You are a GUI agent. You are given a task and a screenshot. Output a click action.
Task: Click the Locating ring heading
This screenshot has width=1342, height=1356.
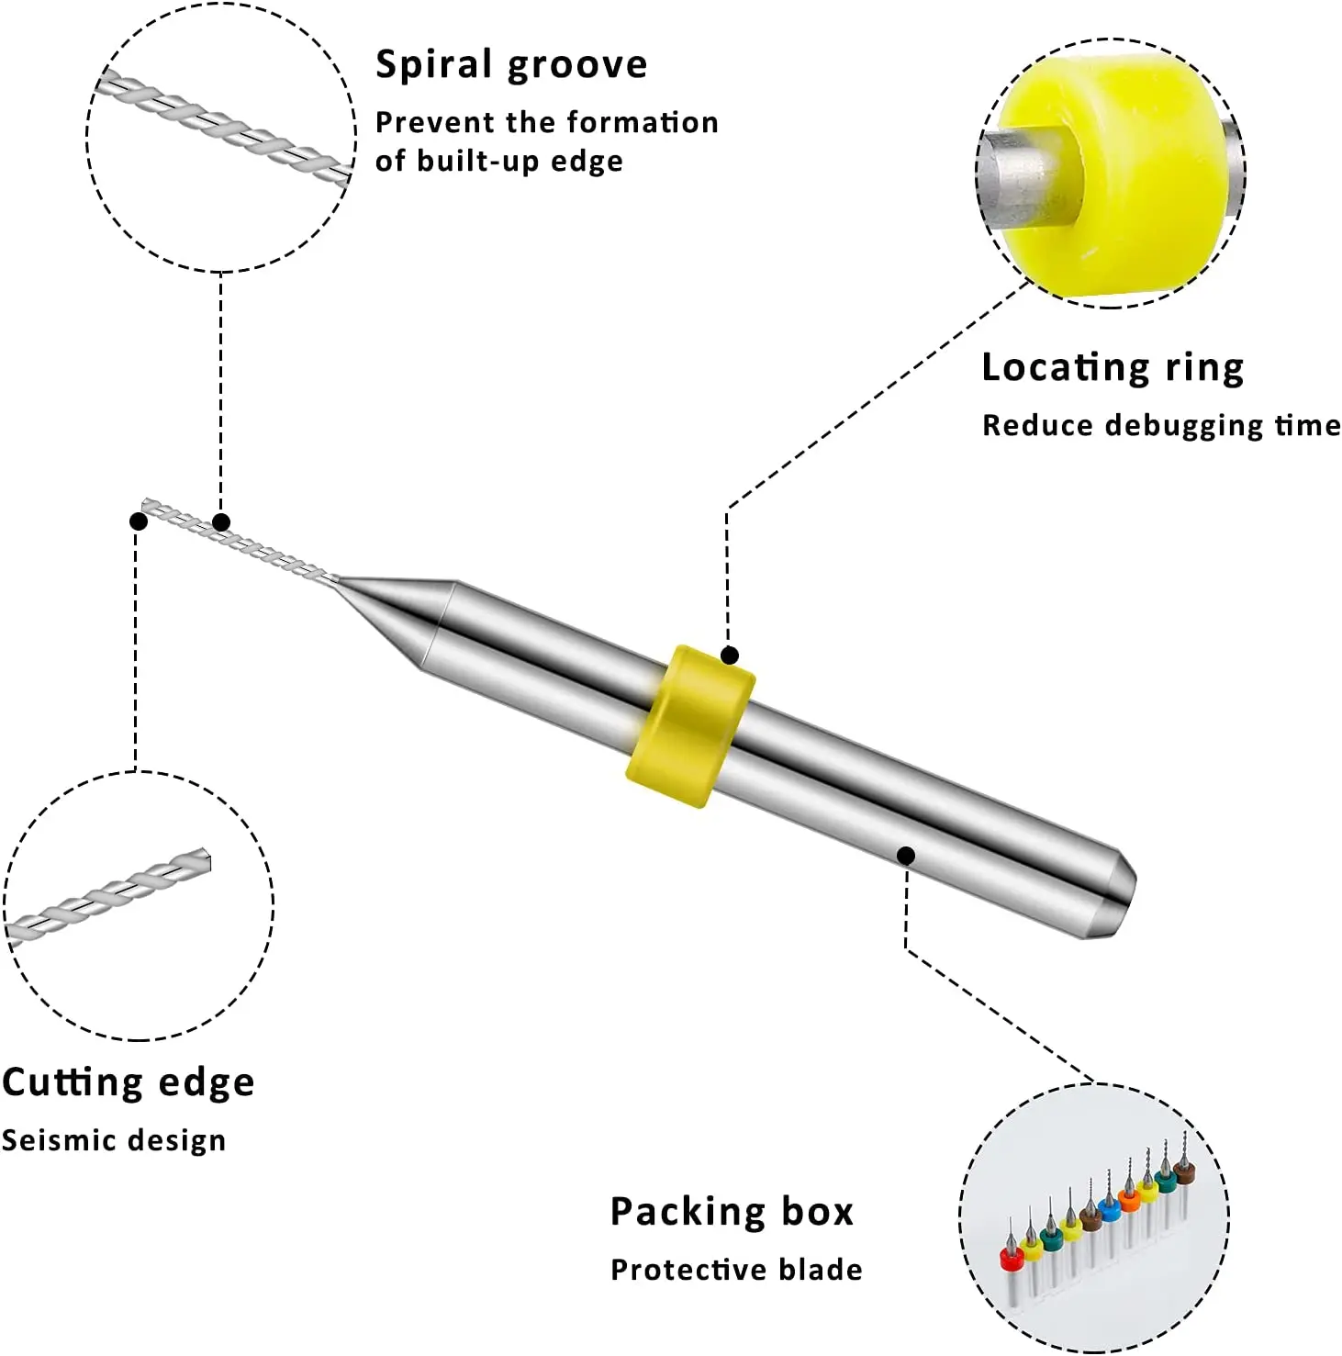point(1113,368)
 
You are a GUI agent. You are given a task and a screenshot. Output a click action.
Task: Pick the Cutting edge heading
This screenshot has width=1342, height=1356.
point(129,1083)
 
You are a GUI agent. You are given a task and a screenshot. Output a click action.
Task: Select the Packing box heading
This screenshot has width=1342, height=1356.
point(732,1212)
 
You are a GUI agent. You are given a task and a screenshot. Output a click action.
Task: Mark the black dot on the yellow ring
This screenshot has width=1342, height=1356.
point(730,656)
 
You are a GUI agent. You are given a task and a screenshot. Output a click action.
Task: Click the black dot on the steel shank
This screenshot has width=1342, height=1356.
point(906,856)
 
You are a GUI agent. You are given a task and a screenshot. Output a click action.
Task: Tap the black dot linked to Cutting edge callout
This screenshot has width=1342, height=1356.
point(139,521)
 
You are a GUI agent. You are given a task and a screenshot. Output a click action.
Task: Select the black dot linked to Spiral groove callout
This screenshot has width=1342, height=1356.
point(221,522)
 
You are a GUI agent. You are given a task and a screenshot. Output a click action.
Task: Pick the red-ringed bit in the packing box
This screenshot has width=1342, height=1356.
point(1012,1259)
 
